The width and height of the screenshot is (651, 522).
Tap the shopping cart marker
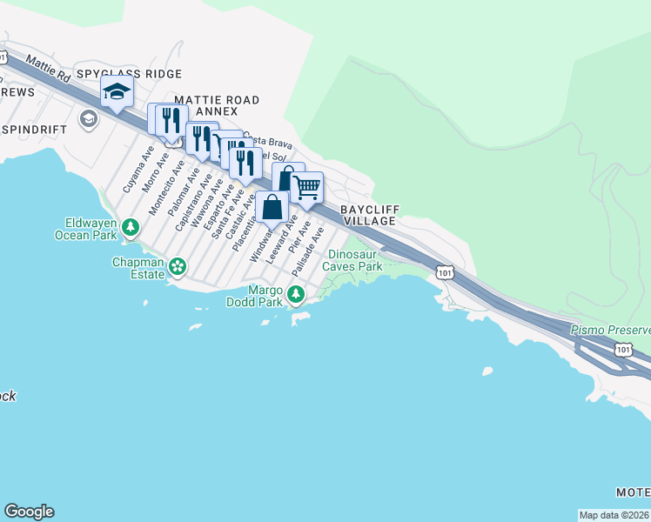(306, 187)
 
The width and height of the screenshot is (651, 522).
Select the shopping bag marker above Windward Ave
(272, 208)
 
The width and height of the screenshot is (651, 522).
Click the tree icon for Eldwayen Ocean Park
(131, 228)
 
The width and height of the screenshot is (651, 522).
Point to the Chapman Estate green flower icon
(178, 266)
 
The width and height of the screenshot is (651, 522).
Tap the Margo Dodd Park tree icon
(296, 296)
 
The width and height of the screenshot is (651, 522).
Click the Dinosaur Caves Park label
(353, 261)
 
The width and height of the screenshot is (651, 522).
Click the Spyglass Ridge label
(129, 75)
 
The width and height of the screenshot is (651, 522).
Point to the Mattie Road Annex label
(217, 106)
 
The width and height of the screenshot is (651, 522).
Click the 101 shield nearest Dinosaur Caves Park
(445, 272)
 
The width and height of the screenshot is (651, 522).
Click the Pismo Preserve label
(610, 331)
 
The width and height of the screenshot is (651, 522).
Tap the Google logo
(29, 512)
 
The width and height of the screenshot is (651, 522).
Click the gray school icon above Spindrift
(88, 119)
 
